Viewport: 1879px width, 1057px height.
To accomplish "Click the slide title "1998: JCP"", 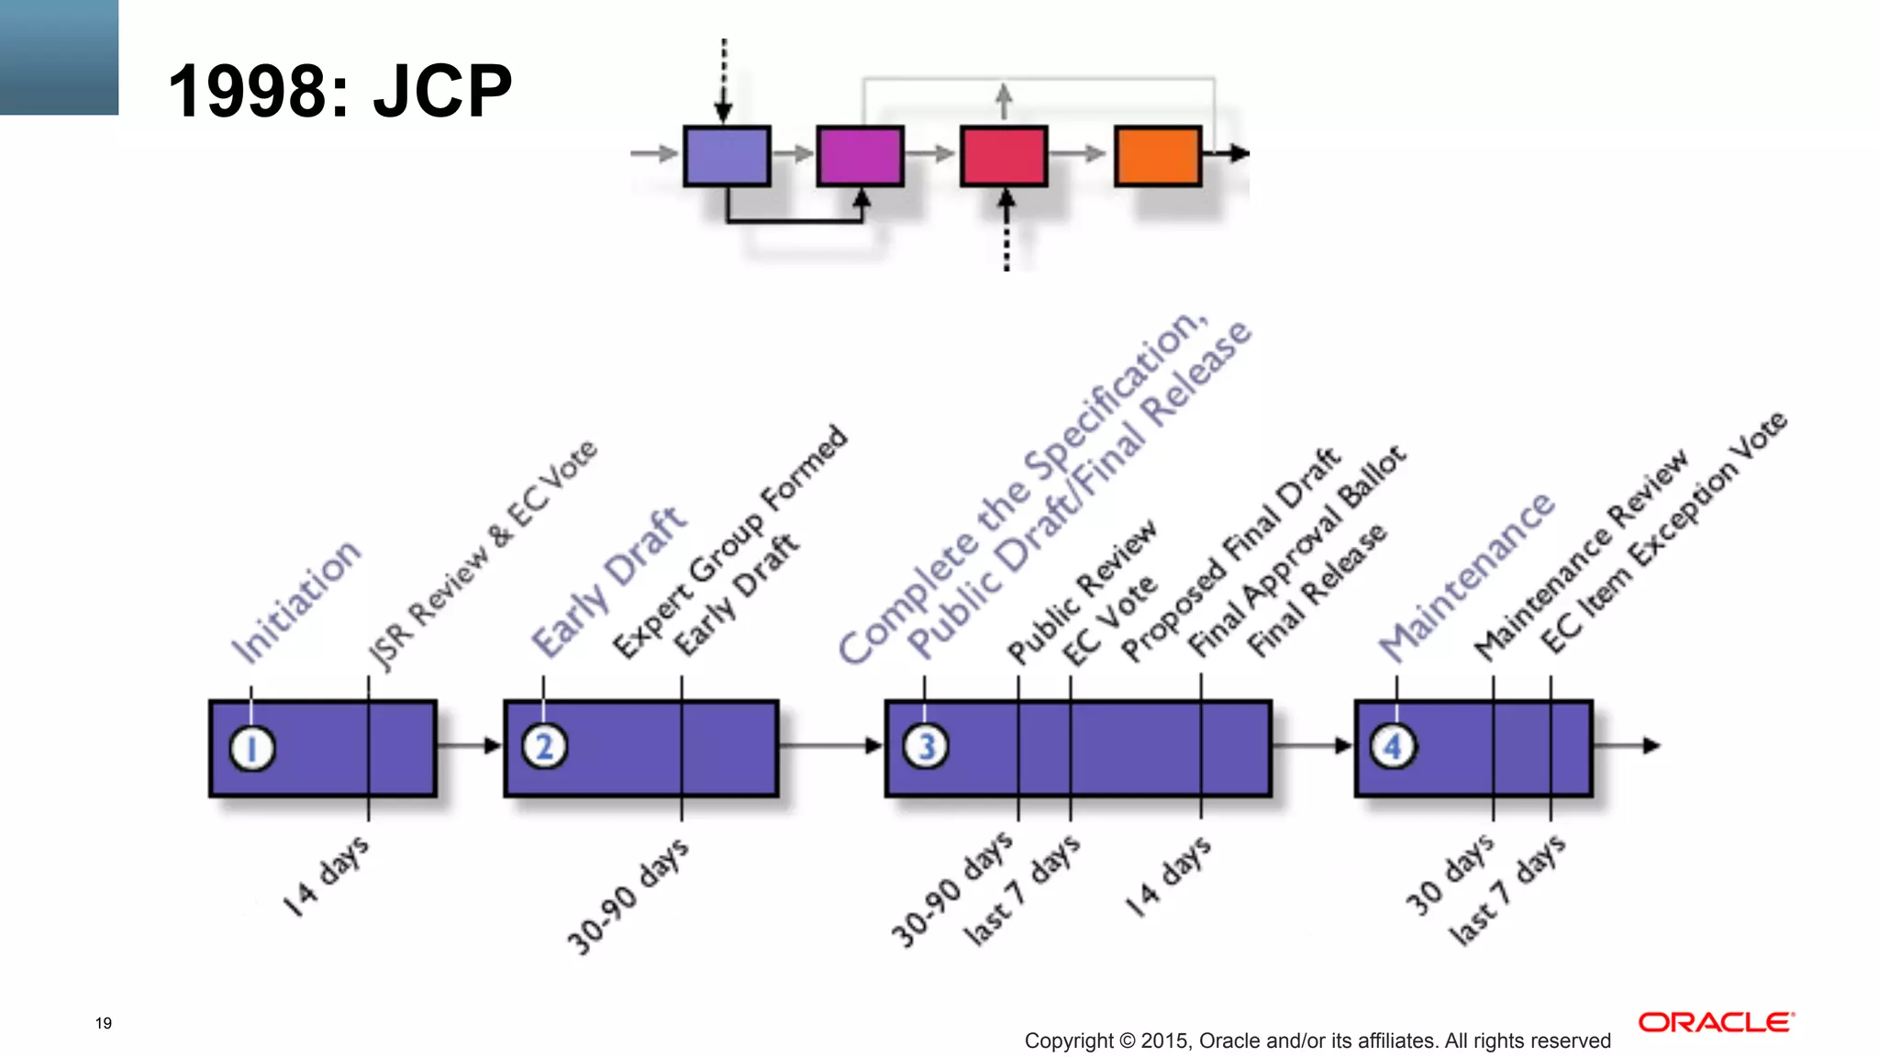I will click(339, 91).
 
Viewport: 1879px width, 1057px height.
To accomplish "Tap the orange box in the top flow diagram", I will click(1157, 156).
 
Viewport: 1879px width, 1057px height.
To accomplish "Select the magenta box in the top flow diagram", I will click(860, 156).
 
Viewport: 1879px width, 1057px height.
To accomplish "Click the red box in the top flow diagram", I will click(1003, 156).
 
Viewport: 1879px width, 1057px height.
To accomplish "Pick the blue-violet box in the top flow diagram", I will click(726, 156).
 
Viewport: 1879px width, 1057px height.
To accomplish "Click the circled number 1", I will click(252, 748).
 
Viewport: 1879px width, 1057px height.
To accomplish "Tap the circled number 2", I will click(545, 747).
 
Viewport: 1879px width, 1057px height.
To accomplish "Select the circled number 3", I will click(926, 747).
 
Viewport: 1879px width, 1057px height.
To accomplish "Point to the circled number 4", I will click(1393, 747).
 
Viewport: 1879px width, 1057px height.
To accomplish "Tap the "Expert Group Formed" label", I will click(730, 541).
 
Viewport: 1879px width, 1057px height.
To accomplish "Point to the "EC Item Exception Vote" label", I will click(1664, 532).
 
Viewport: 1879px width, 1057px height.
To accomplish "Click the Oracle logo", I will click(1716, 1022).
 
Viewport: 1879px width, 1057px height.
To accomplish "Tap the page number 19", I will click(104, 1023).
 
